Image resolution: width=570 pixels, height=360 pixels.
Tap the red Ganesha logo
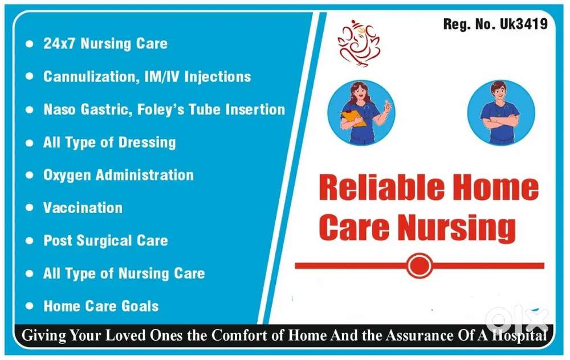point(359,43)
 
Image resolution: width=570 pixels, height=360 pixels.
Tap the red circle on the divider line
point(420,265)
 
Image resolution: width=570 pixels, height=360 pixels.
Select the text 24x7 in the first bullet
point(59,44)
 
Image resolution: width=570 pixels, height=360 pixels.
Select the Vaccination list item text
point(83,207)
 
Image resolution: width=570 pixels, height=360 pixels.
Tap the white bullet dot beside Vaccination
point(29,208)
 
